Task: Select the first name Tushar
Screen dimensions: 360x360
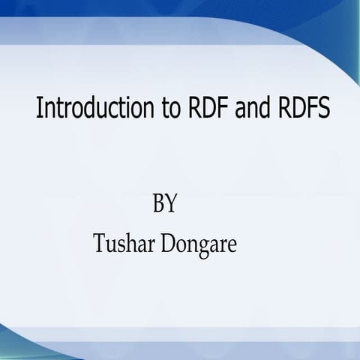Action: pyautogui.click(x=123, y=244)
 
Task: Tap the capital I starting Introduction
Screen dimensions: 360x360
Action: pyautogui.click(x=39, y=109)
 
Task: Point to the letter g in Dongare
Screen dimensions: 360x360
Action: pyautogui.click(x=202, y=247)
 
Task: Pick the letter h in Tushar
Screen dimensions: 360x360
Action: pyautogui.click(x=128, y=244)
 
